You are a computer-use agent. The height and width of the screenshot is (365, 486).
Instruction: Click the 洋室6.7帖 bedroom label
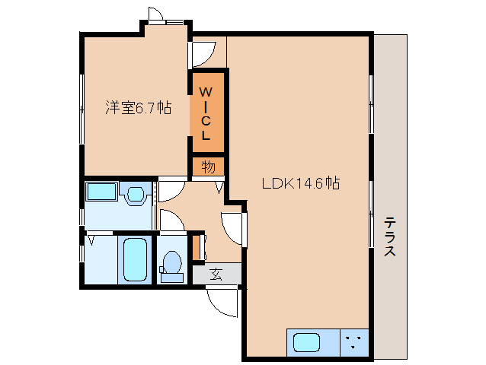[x=138, y=108]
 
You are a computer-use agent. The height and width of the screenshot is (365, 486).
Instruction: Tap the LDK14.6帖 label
[x=300, y=183]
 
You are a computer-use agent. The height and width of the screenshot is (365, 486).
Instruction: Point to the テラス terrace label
[x=389, y=236]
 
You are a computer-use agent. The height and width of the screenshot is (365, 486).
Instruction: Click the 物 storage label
[x=208, y=166]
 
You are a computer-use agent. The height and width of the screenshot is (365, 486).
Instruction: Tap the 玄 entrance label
[x=216, y=274]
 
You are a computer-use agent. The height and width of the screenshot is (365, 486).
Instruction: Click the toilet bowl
[x=171, y=263]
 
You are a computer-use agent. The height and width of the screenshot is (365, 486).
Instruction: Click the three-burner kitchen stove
[x=352, y=341]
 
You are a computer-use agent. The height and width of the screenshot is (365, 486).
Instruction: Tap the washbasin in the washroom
[x=136, y=195]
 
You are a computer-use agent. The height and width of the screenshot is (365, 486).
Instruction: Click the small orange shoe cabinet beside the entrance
[x=196, y=248]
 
